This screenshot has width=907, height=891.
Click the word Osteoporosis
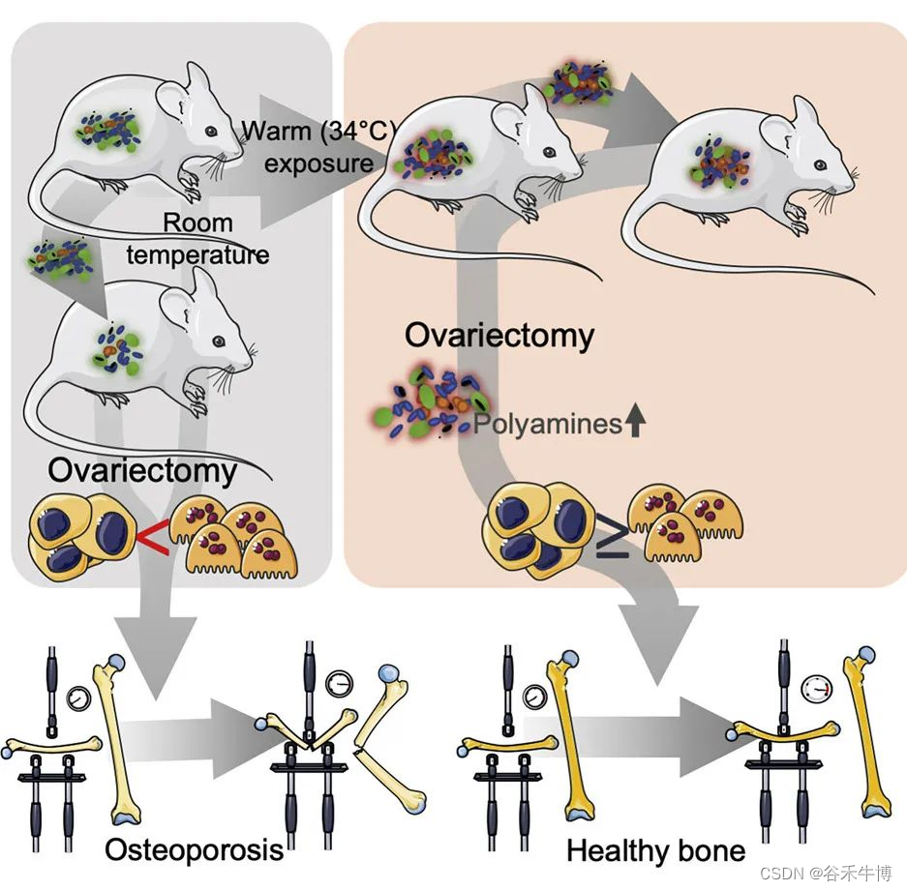tap(194, 849)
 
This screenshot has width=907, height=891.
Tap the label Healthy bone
tap(655, 851)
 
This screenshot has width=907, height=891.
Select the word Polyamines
tap(546, 424)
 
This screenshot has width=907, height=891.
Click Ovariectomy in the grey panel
tap(141, 471)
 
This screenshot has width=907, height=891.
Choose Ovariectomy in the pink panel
tap(499, 336)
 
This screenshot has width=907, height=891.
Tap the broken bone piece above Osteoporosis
tap(387, 774)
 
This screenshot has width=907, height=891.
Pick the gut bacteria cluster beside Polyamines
tap(426, 406)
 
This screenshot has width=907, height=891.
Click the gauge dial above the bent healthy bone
tap(817, 689)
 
